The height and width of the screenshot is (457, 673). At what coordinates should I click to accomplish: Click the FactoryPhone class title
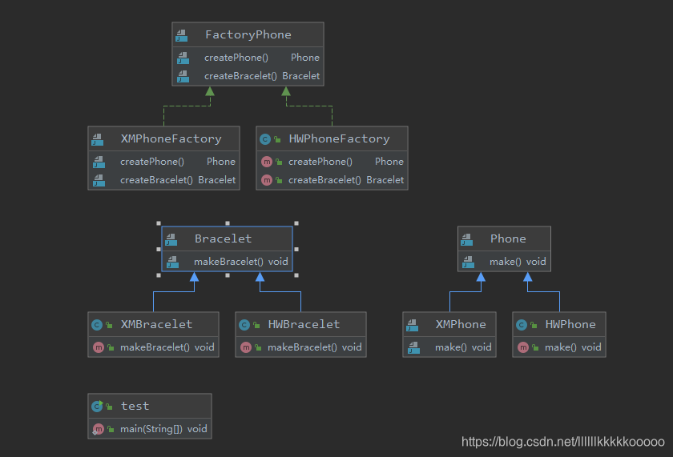point(248,35)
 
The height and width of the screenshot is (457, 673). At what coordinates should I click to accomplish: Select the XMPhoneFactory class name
point(171,138)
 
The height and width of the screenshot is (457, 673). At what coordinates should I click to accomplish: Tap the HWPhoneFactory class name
point(339,138)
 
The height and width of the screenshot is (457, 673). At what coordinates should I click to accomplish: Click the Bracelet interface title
point(223,239)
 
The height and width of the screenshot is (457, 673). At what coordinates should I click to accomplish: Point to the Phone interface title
point(508,239)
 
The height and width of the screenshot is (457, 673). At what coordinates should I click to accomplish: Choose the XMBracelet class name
point(156,324)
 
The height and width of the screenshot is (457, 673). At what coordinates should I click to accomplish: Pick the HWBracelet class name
point(304,324)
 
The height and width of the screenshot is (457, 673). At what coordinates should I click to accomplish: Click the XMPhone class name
point(460,324)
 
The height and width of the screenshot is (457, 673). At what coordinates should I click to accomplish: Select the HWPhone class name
point(570,324)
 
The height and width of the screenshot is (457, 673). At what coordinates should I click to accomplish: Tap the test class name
point(135,406)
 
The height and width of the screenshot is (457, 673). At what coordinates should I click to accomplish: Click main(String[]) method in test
point(151,428)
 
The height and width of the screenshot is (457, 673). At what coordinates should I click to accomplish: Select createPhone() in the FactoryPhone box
point(236,58)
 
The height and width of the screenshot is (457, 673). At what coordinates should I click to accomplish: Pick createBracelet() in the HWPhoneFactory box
point(324,180)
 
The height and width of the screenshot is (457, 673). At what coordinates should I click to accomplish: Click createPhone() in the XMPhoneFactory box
point(151,162)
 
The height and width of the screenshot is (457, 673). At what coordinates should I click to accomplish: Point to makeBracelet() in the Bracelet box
point(228,262)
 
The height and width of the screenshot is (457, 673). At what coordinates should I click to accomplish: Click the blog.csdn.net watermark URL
point(563,441)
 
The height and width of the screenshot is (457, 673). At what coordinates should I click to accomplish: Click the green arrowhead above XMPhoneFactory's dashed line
point(209,92)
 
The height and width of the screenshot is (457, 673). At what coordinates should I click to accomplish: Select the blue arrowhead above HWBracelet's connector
point(260,278)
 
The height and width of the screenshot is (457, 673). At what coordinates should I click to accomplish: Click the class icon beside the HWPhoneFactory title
point(265,138)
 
